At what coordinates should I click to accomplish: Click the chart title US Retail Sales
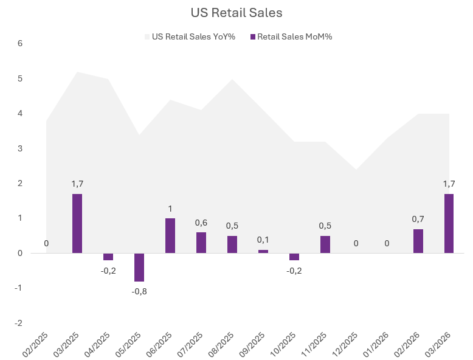[236, 13]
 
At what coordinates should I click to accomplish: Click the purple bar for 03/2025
[77, 223]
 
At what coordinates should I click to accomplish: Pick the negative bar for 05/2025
[139, 267]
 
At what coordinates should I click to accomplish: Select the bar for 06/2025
[170, 235]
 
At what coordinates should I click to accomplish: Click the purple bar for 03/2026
[449, 223]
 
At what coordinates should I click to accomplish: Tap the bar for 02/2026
[418, 241]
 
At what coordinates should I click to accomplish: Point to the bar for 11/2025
[325, 244]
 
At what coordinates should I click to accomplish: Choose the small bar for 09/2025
[263, 251]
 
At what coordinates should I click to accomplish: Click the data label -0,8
[139, 291]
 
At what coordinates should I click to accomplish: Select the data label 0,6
[201, 223]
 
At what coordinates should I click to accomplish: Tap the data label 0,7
[418, 220]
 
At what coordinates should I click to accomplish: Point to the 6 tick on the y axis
[20, 44]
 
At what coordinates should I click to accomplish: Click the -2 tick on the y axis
[19, 323]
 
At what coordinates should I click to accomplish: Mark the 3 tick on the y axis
[20, 148]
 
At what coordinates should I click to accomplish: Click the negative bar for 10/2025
[294, 257]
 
